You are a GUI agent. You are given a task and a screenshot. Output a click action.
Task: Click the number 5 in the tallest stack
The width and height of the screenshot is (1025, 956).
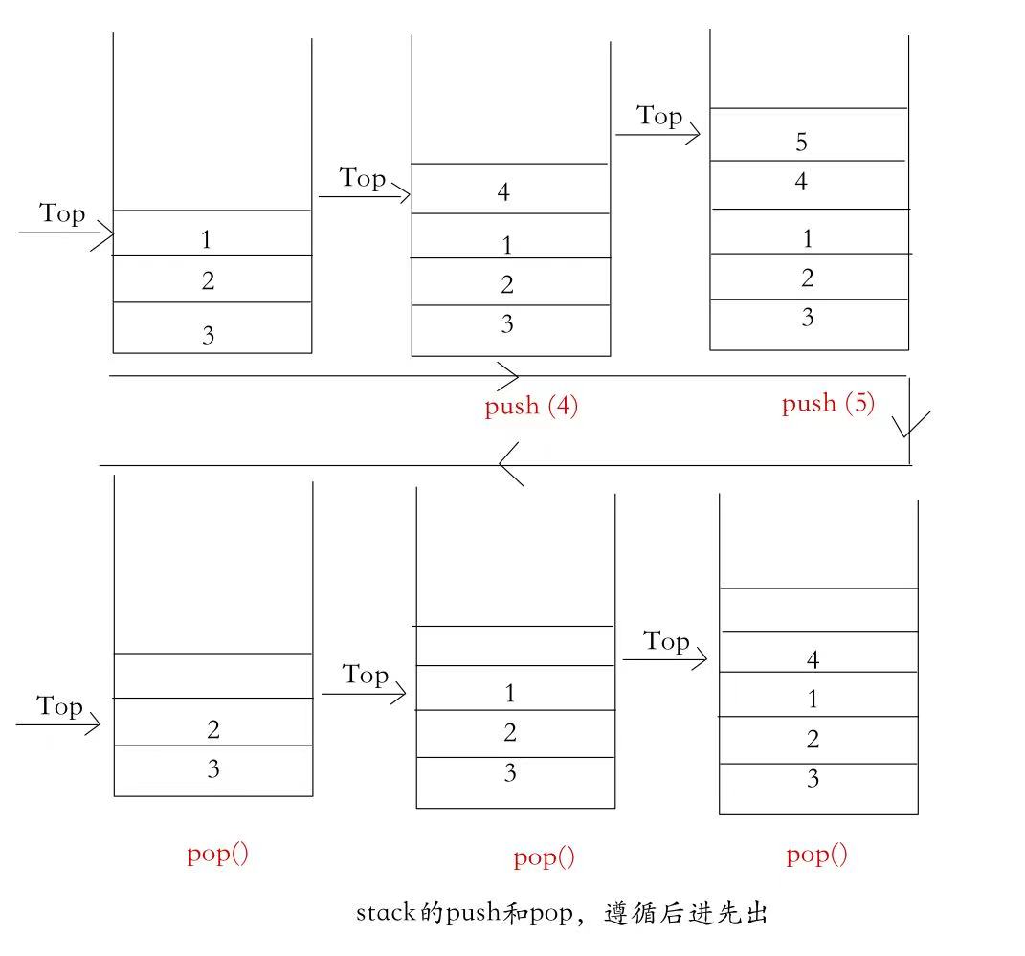pos(801,143)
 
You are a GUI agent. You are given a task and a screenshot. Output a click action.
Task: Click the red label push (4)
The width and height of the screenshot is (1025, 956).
pos(531,406)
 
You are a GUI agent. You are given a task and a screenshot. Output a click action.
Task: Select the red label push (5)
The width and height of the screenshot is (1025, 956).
pos(828,403)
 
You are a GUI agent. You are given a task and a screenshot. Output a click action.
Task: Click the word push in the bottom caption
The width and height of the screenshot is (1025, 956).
pos(473,913)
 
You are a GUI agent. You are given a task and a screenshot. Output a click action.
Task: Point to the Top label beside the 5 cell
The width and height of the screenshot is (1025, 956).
pos(659,116)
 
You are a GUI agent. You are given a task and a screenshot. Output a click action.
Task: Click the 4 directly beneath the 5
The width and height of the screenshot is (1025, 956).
pos(801,181)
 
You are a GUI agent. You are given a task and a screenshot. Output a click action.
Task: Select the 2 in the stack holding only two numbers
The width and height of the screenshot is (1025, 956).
pos(213,730)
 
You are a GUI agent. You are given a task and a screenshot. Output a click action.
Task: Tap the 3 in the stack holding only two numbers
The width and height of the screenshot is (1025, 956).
pos(213,768)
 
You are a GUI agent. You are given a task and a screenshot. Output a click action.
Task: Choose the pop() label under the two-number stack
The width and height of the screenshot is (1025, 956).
pos(217,854)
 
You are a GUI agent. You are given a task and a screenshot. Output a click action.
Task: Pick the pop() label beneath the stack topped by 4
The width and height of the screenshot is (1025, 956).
pos(816,855)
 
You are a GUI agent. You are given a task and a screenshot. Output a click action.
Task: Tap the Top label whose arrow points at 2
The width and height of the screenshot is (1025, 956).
pos(60,707)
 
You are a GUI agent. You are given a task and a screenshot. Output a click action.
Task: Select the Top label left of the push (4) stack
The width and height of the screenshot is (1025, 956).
pos(363,178)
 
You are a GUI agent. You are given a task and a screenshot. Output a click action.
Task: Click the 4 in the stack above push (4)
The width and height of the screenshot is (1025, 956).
pos(504,192)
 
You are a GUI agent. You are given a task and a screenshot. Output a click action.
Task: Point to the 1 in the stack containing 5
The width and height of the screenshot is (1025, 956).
pos(807,238)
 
